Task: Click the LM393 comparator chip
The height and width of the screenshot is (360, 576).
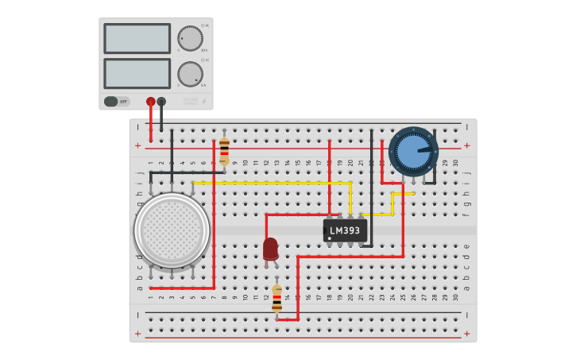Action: coord(345,230)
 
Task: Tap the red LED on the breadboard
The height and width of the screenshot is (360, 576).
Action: coord(271,249)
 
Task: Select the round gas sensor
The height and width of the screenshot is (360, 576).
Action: coord(172,230)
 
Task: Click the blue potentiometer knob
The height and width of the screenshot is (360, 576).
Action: coord(413,151)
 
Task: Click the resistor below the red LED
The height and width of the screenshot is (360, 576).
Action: coord(276,300)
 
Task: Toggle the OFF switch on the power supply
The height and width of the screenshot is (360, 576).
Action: coord(117,102)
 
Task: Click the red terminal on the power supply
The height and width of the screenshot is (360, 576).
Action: coord(151,102)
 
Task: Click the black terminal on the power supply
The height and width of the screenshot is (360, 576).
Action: coord(162,102)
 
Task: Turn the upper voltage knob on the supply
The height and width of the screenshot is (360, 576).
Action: coord(190,38)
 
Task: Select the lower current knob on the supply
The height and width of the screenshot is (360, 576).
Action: coord(190,74)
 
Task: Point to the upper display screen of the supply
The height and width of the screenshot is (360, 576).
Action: coord(137,38)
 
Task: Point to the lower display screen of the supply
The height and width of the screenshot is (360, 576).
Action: coord(137,73)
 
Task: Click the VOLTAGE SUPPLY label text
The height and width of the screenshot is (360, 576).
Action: coord(190,101)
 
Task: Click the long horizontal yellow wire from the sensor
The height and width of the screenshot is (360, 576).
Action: coord(270,183)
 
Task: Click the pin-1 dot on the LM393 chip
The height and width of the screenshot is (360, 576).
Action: coord(330,238)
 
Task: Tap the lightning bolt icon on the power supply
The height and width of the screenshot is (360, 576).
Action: coord(204,101)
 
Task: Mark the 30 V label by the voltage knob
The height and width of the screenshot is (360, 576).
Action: coord(204,50)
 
